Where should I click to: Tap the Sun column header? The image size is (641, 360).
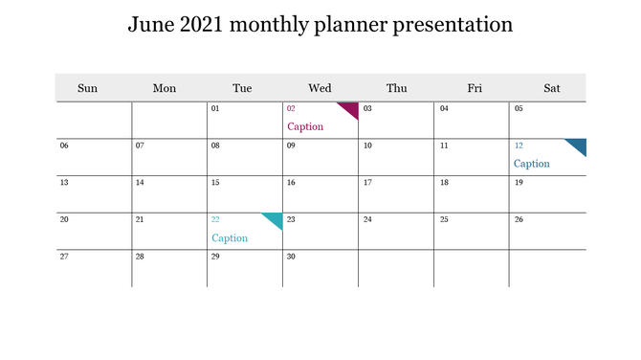(x=87, y=88)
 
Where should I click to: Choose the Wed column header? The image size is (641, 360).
(x=320, y=88)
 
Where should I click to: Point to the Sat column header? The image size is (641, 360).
(x=552, y=88)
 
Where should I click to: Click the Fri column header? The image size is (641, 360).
(x=475, y=88)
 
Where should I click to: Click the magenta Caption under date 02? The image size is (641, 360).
(x=305, y=126)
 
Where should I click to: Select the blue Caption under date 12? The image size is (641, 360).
(x=532, y=164)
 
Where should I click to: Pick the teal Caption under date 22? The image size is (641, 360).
(x=230, y=238)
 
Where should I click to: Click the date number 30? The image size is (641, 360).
(x=291, y=257)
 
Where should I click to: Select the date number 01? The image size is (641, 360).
(x=215, y=108)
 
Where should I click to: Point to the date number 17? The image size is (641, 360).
(x=367, y=182)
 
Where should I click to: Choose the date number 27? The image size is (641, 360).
(x=64, y=257)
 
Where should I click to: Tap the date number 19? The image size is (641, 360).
(x=519, y=182)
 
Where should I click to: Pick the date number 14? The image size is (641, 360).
(x=140, y=182)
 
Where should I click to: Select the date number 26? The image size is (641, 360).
(x=519, y=219)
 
